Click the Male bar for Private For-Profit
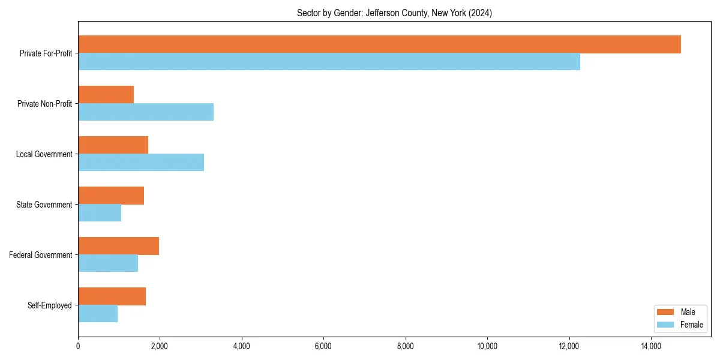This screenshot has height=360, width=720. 379,44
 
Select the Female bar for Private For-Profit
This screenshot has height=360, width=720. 329,62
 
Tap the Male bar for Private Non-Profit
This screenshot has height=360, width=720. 106,95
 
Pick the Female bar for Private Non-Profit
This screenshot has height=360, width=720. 146,112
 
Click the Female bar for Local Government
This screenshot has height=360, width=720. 141,163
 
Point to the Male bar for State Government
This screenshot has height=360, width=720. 111,196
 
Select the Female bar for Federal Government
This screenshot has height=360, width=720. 108,263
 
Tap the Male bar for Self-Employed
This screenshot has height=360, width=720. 112,296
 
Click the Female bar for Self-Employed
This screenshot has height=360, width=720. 98,314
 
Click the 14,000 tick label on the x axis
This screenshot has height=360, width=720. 651,346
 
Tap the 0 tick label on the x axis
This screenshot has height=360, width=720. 78,346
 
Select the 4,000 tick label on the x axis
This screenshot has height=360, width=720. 242,346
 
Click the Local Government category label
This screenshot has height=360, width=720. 44,154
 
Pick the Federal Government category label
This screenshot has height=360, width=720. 40,255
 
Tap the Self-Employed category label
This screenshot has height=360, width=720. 49,305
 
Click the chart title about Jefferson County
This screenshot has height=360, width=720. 394,13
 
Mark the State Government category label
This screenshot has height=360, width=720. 44,205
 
